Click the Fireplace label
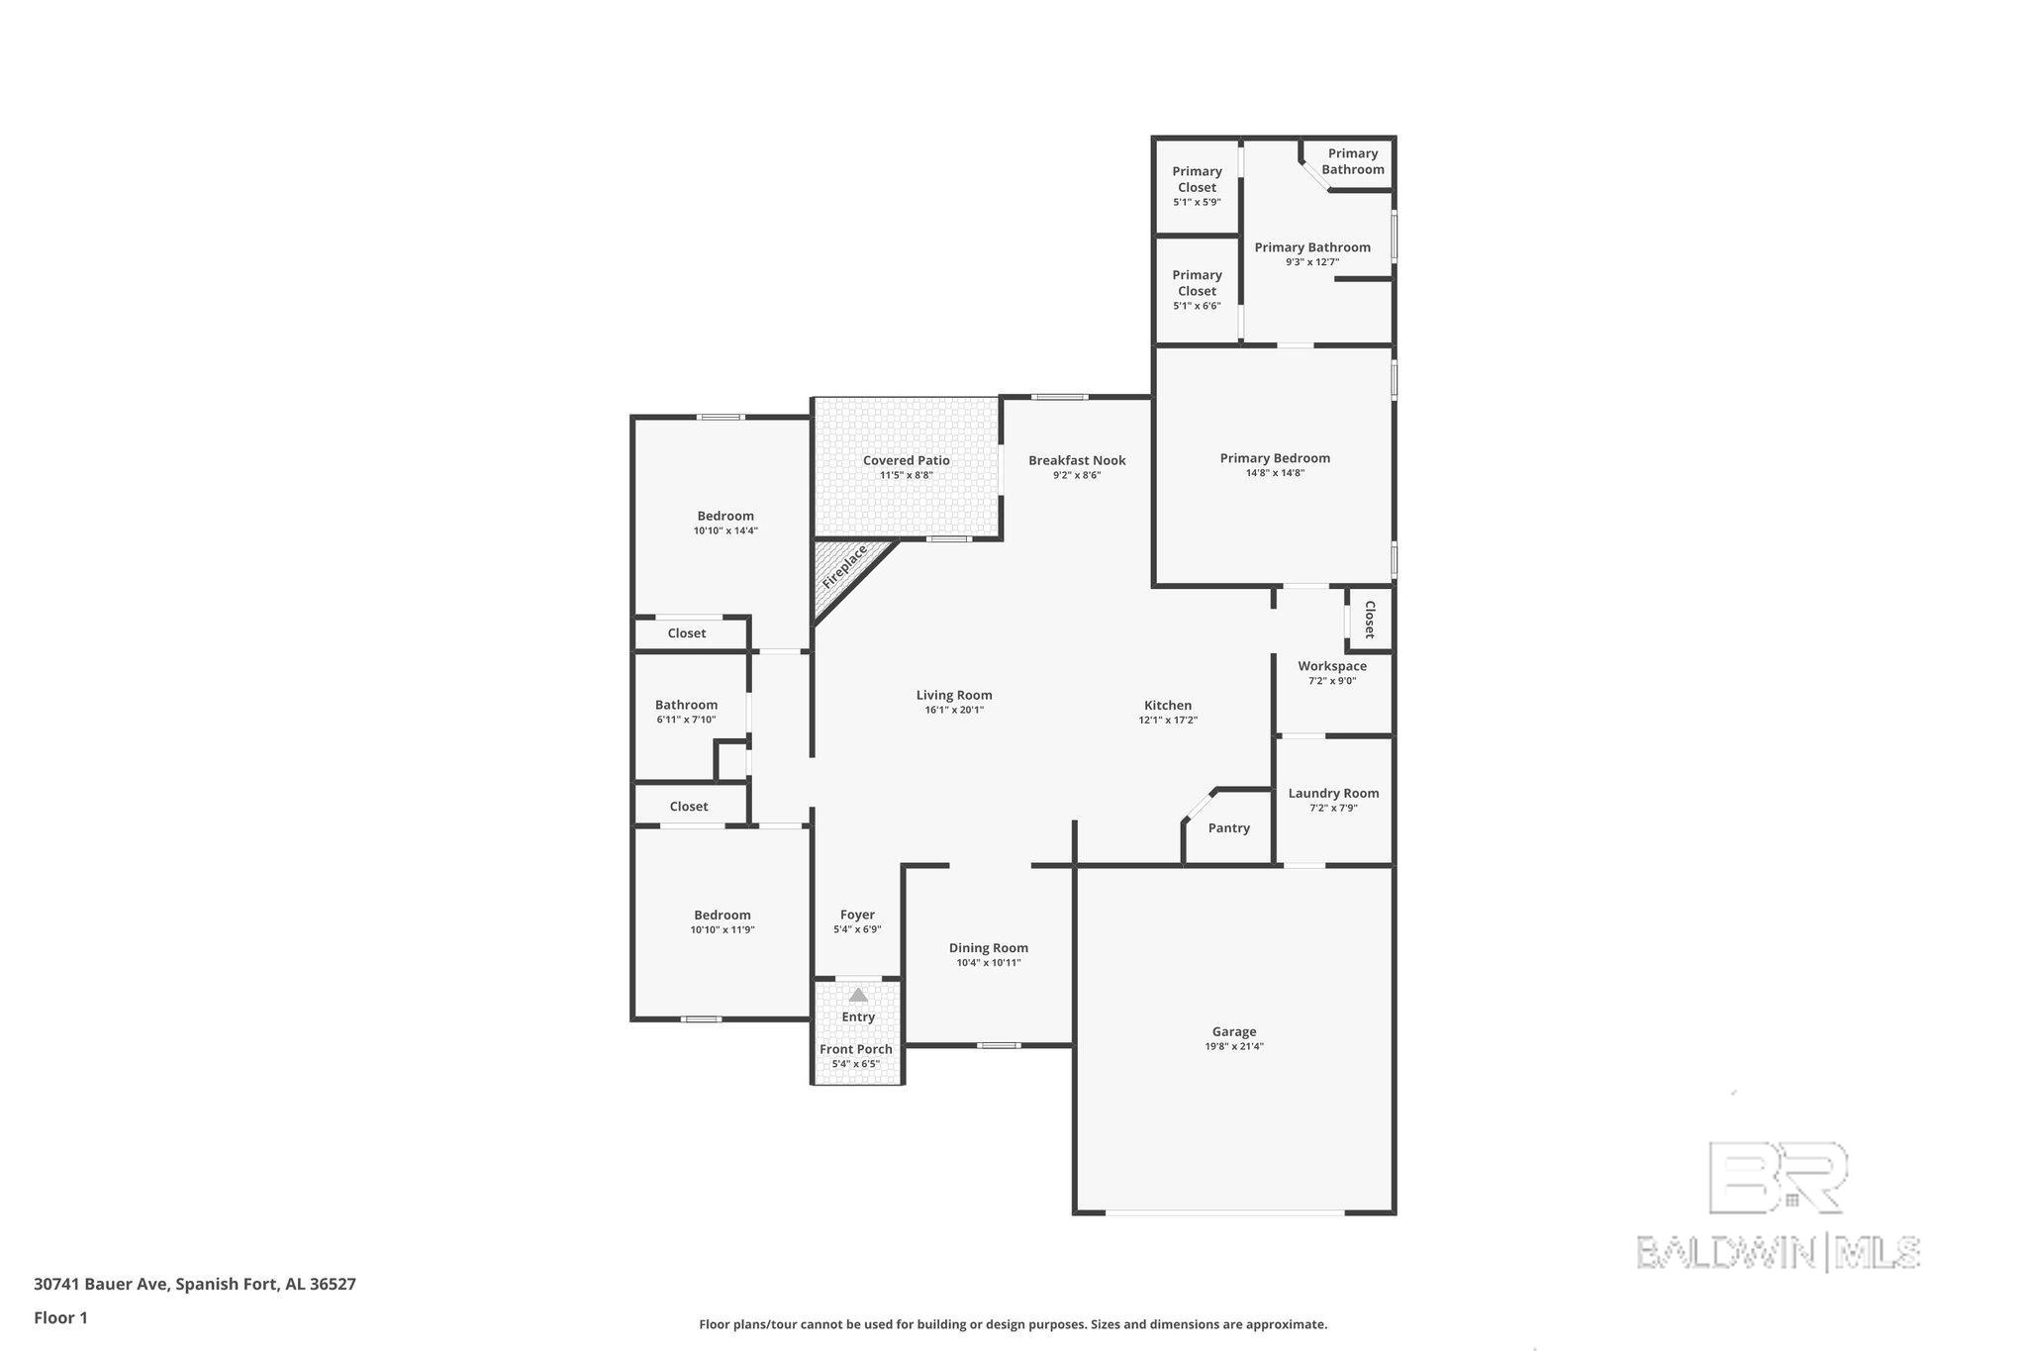[x=844, y=566]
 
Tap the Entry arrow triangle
[x=858, y=995]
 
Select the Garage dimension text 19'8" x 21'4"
[x=1234, y=1046]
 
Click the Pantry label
[x=1229, y=828]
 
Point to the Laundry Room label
[x=1333, y=793]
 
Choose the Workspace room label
[x=1332, y=666]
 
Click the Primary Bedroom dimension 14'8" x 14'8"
[x=1275, y=473]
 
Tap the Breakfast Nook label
[x=1077, y=460]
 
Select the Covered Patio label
[x=906, y=460]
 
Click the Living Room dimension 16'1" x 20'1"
[x=954, y=710]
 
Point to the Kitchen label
[x=1168, y=706]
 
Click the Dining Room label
[x=989, y=948]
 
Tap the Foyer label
[x=857, y=916]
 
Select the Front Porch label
[x=856, y=1049]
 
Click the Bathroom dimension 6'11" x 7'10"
[x=686, y=721]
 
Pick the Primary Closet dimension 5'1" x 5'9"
[x=1197, y=202]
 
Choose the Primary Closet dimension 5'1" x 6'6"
[x=1197, y=306]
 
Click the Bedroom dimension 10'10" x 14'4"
[x=725, y=531]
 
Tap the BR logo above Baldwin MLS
[x=1778, y=1177]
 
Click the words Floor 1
[x=60, y=1318]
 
